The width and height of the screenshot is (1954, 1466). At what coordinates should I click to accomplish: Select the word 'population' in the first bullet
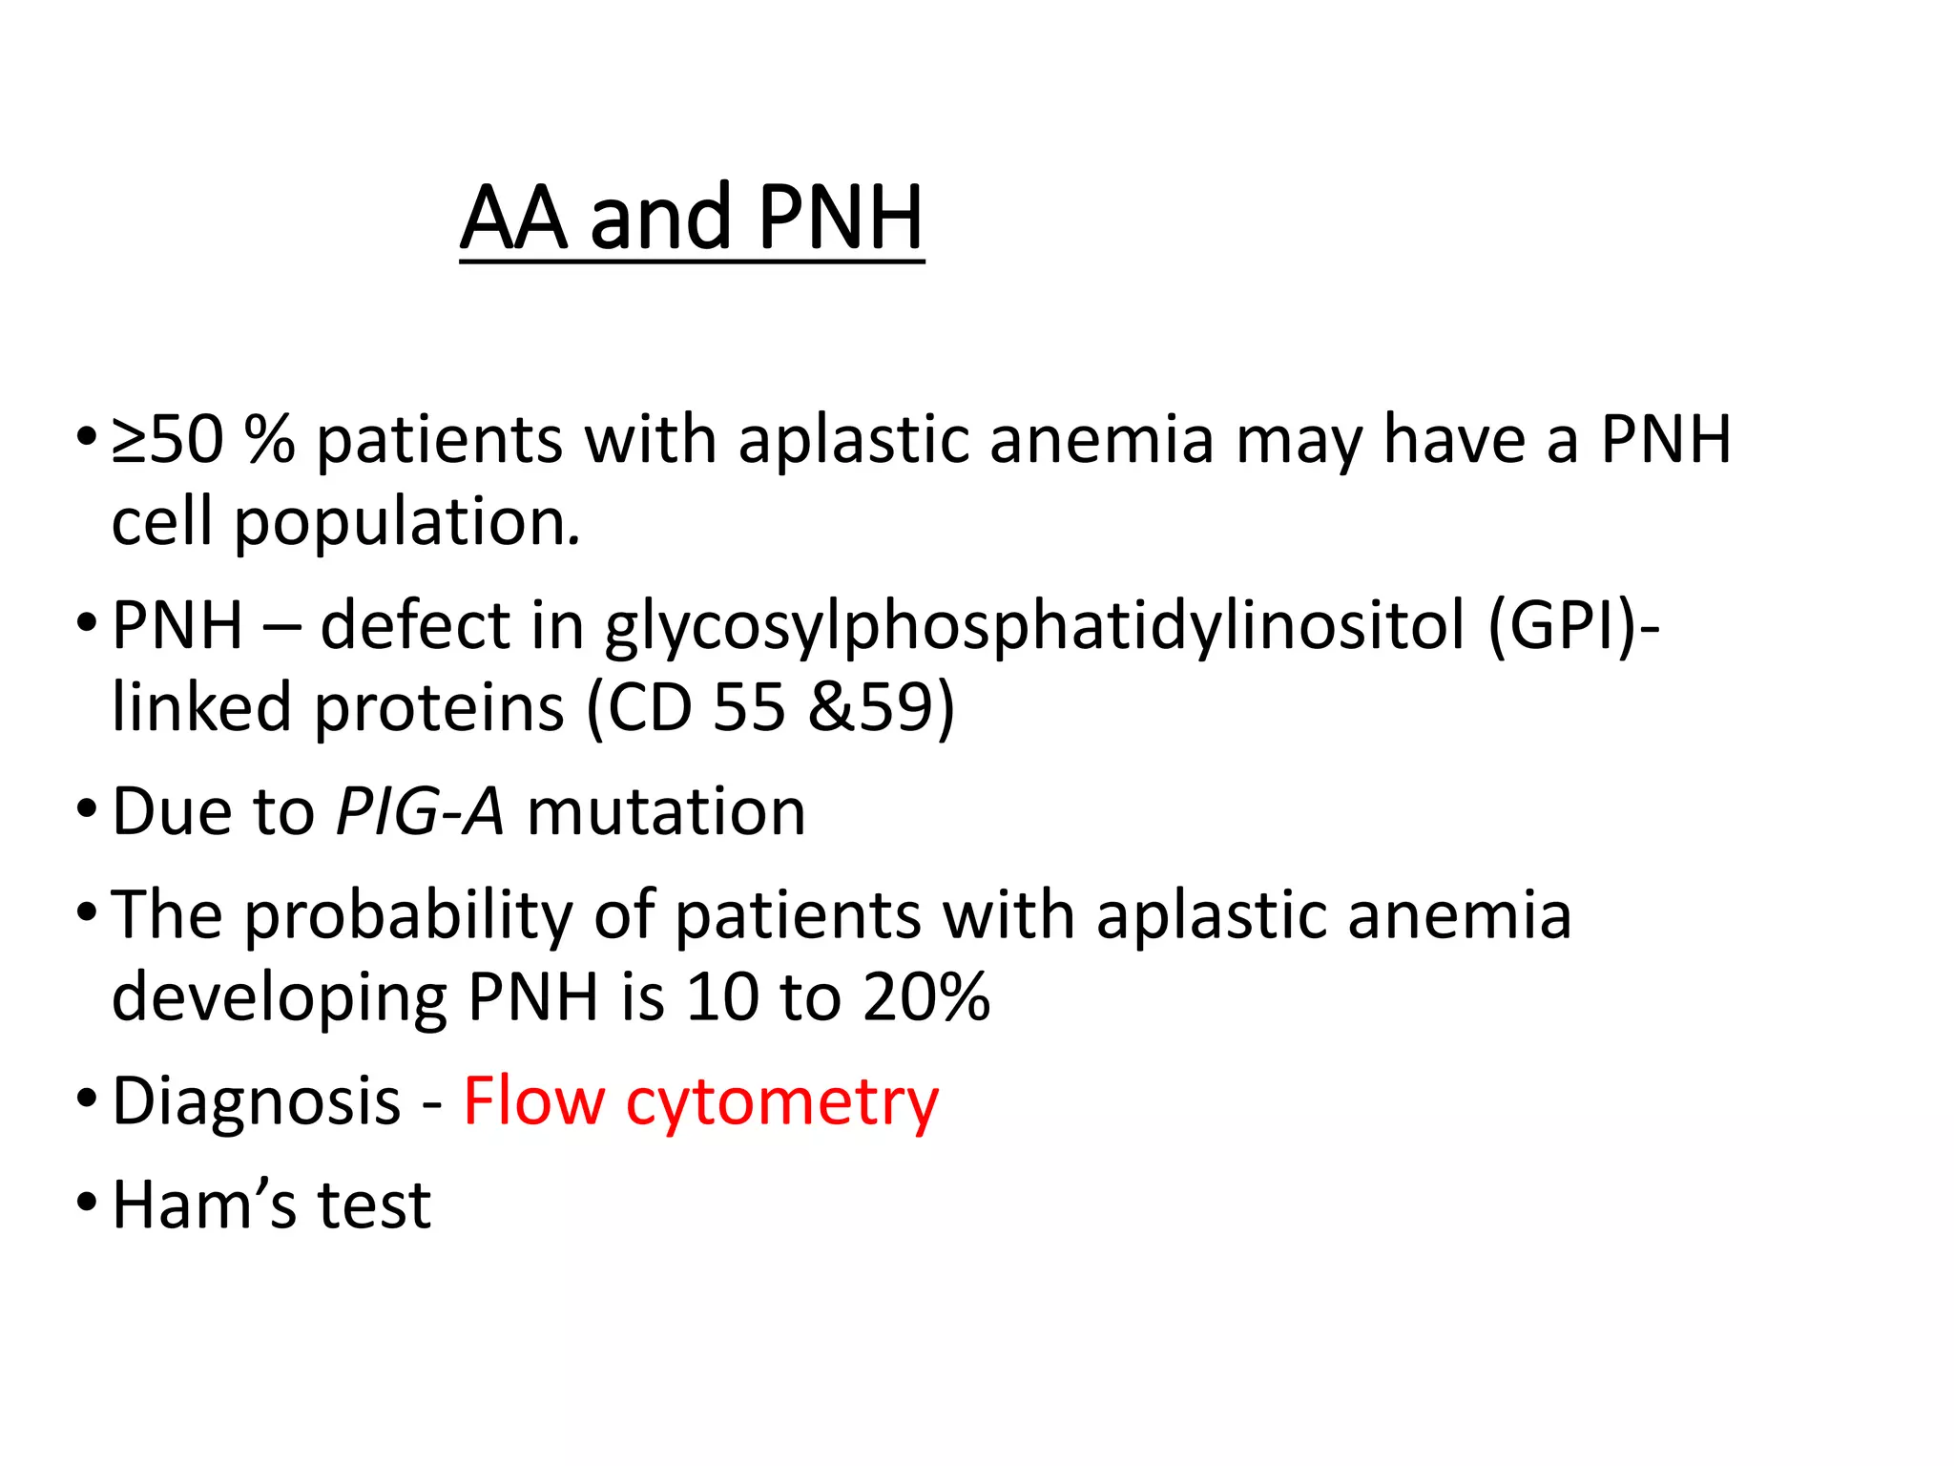pyautogui.click(x=405, y=523)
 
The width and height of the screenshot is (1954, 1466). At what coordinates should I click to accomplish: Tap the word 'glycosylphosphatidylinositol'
pyautogui.click(x=1034, y=627)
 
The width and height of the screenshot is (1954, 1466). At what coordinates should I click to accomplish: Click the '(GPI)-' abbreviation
pyautogui.click(x=1573, y=627)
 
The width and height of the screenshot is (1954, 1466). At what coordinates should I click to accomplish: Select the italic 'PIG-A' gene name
pyautogui.click(x=420, y=812)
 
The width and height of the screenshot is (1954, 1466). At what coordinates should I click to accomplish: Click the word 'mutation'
pyautogui.click(x=666, y=812)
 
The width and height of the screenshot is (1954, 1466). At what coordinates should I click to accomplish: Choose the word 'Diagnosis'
pyautogui.click(x=256, y=1101)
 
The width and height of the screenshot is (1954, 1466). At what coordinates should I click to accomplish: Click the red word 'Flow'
pyautogui.click(x=534, y=1101)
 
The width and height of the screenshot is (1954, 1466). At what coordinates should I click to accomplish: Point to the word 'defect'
pyautogui.click(x=415, y=627)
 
